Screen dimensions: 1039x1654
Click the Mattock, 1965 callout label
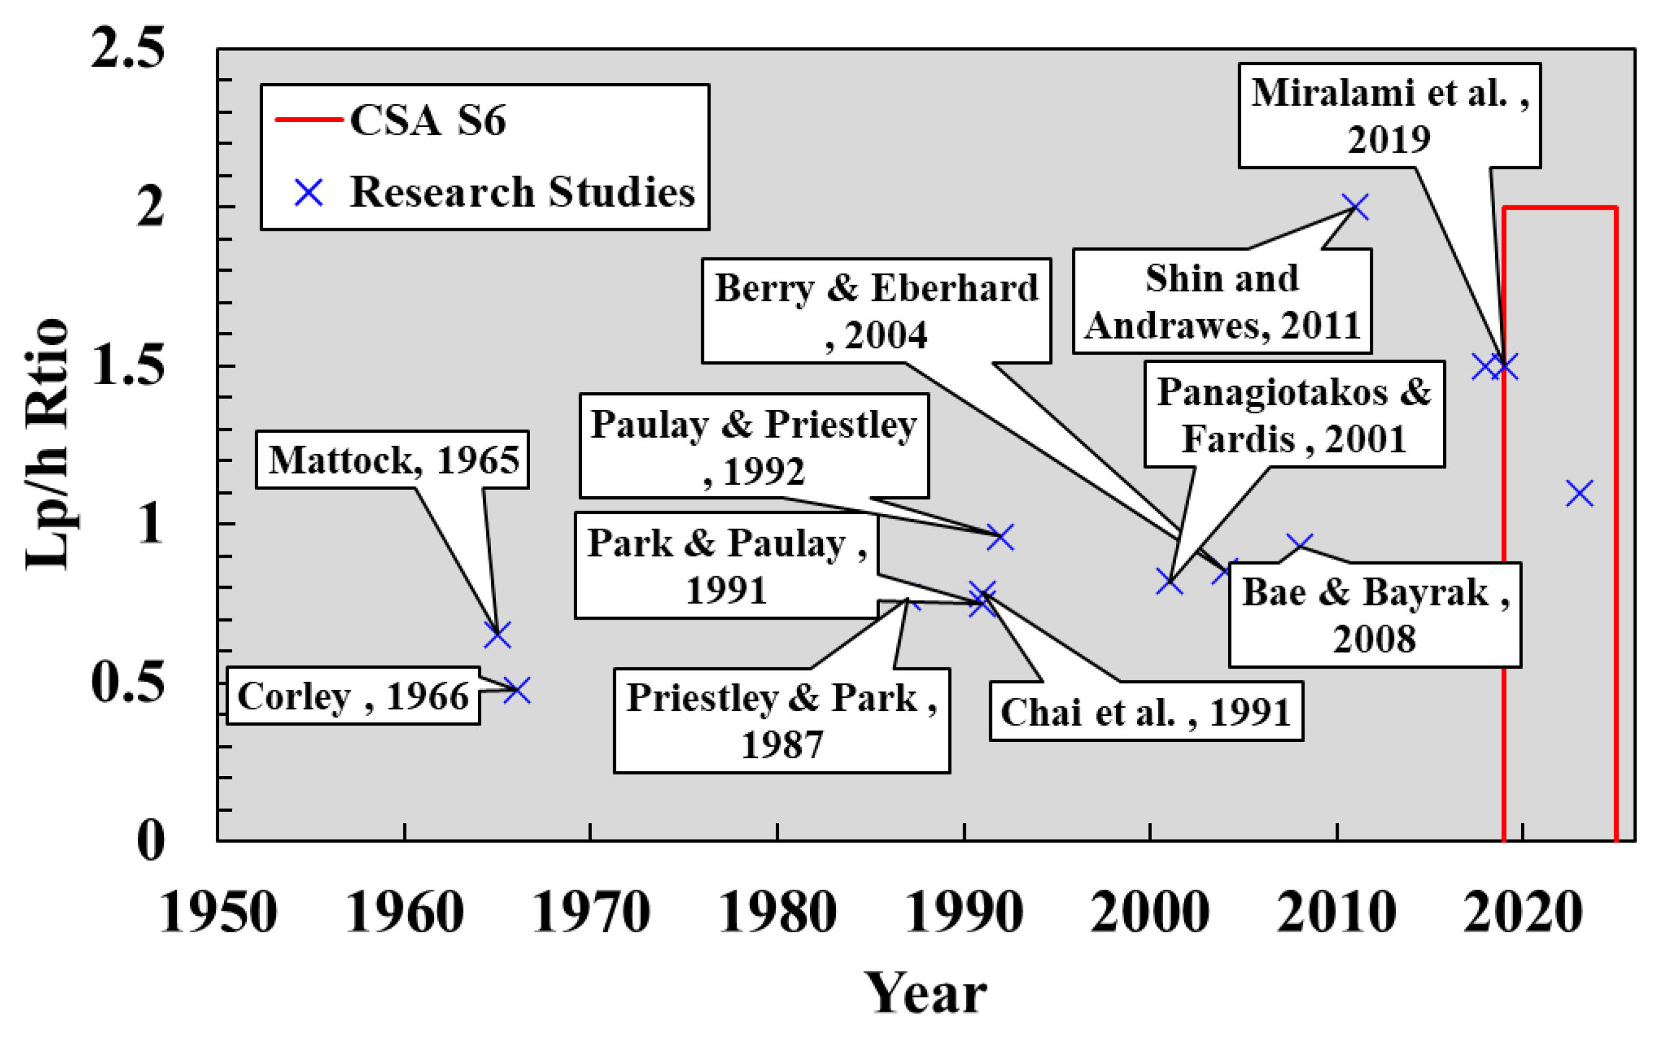(392, 460)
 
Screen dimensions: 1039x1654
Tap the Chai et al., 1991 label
(1146, 711)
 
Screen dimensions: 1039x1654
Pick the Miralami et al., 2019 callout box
(1390, 115)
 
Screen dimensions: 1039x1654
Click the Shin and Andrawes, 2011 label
(1222, 301)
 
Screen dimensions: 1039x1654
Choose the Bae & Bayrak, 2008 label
(1375, 615)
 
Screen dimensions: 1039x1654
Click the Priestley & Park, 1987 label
(781, 720)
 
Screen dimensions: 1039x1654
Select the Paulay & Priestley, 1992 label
(753, 447)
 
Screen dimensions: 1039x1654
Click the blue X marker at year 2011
(1355, 207)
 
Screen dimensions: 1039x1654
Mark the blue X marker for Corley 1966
(517, 690)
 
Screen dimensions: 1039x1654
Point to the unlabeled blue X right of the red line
(1580, 493)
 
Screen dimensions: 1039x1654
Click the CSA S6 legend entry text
(428, 121)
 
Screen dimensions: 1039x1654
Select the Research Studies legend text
(522, 192)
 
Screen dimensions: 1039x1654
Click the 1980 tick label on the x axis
(777, 912)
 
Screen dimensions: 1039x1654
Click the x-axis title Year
(925, 993)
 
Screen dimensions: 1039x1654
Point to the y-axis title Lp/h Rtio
(47, 444)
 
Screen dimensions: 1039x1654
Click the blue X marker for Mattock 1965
(497, 635)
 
